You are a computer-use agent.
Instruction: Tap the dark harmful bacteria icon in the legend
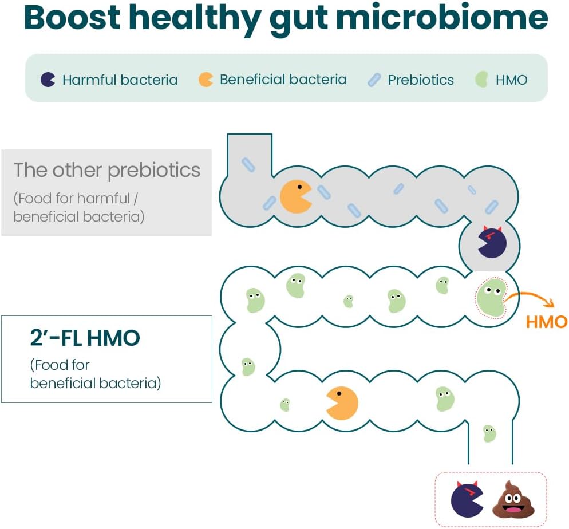pyautogui.click(x=48, y=80)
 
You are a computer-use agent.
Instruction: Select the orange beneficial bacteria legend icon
pyautogui.click(x=206, y=80)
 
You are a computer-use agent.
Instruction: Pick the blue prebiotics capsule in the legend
pyautogui.click(x=374, y=80)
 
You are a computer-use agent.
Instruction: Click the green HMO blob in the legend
pyautogui.click(x=481, y=80)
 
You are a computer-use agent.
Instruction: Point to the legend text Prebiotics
pyautogui.click(x=421, y=80)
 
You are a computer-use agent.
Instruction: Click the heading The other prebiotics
pyautogui.click(x=107, y=170)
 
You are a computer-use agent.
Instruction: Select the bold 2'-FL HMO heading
pyautogui.click(x=85, y=338)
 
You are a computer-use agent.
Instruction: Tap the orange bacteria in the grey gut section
pyautogui.click(x=295, y=196)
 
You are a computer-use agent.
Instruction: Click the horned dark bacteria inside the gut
pyautogui.click(x=492, y=242)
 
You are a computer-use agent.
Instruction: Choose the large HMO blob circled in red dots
pyautogui.click(x=491, y=297)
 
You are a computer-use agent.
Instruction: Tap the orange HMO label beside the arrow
pyautogui.click(x=546, y=322)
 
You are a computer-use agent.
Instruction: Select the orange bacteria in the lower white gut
pyautogui.click(x=342, y=402)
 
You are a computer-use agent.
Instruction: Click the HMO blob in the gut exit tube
pyautogui.click(x=489, y=433)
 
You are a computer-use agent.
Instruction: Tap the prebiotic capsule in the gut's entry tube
pyautogui.click(x=248, y=164)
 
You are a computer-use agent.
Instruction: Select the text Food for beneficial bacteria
pyautogui.click(x=95, y=374)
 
